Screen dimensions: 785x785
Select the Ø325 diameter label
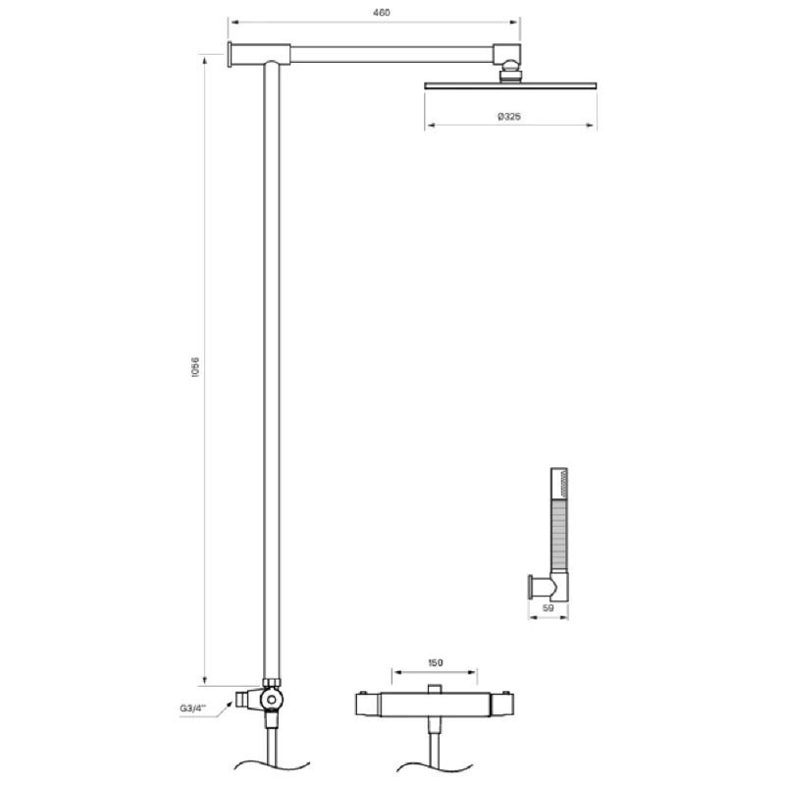point(508,116)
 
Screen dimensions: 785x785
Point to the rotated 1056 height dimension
point(195,371)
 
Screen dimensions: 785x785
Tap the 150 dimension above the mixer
point(435,662)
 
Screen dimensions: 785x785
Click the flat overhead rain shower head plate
point(509,85)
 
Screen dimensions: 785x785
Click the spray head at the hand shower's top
point(559,485)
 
